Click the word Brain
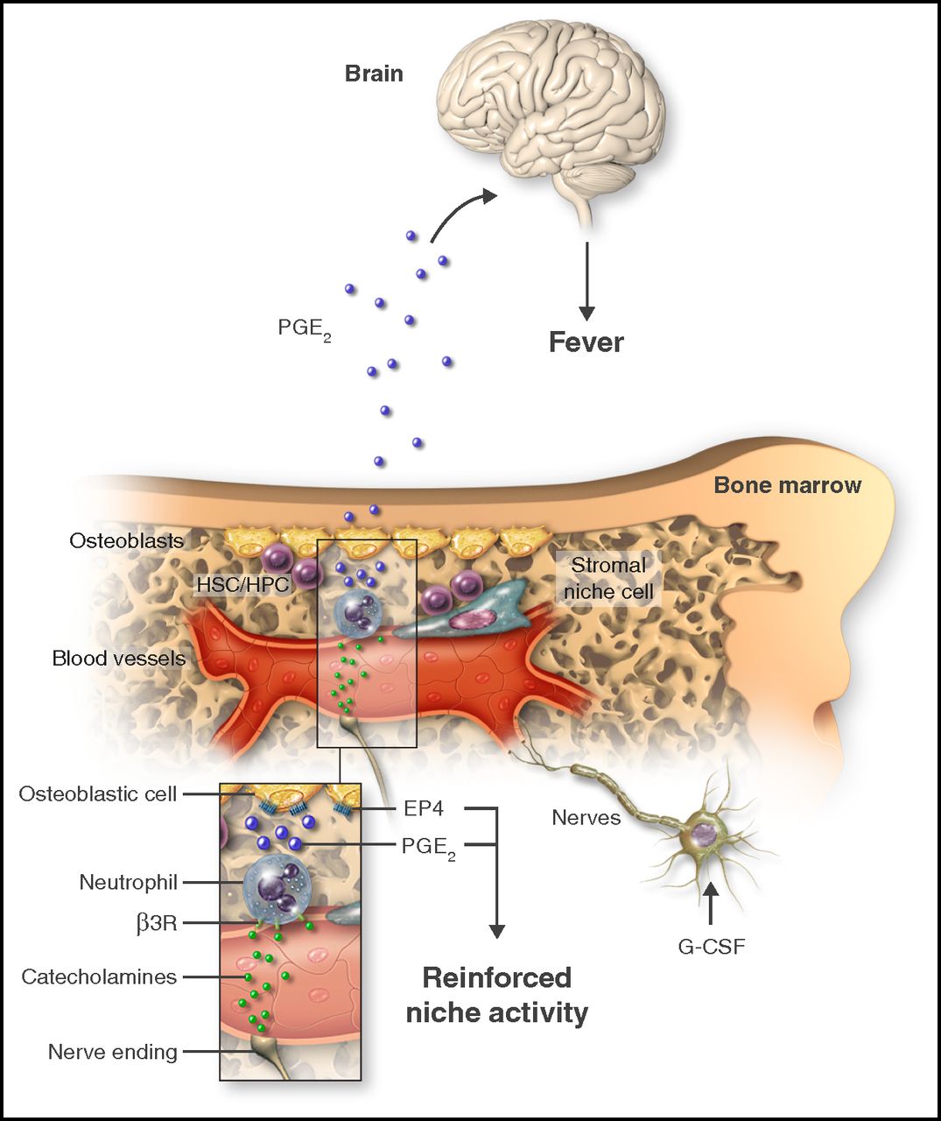(374, 74)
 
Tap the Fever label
(586, 342)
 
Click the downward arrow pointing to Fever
(587, 281)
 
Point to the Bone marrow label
(788, 485)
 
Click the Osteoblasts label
(127, 540)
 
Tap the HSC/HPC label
(242, 584)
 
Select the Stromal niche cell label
(608, 578)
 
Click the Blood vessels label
(119, 659)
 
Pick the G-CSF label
(712, 947)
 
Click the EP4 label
(424, 808)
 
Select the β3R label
(156, 925)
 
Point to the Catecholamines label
(99, 976)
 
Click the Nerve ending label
(113, 1053)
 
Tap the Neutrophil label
(129, 882)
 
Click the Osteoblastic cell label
(98, 794)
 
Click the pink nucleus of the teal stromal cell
(467, 621)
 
